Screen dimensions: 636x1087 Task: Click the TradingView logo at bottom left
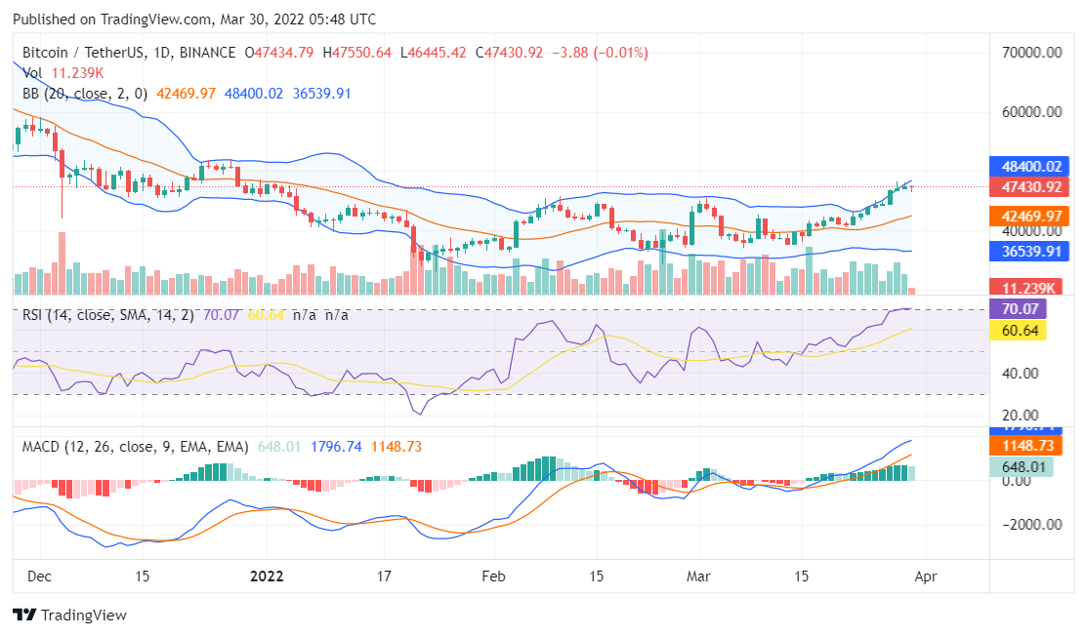click(x=69, y=615)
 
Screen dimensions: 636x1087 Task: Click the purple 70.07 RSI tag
click(x=1018, y=309)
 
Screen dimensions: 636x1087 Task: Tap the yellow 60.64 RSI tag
click(x=1018, y=331)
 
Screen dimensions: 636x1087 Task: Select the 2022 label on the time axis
click(x=267, y=576)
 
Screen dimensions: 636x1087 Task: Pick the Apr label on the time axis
click(x=924, y=576)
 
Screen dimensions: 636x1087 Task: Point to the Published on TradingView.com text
click(x=193, y=20)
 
